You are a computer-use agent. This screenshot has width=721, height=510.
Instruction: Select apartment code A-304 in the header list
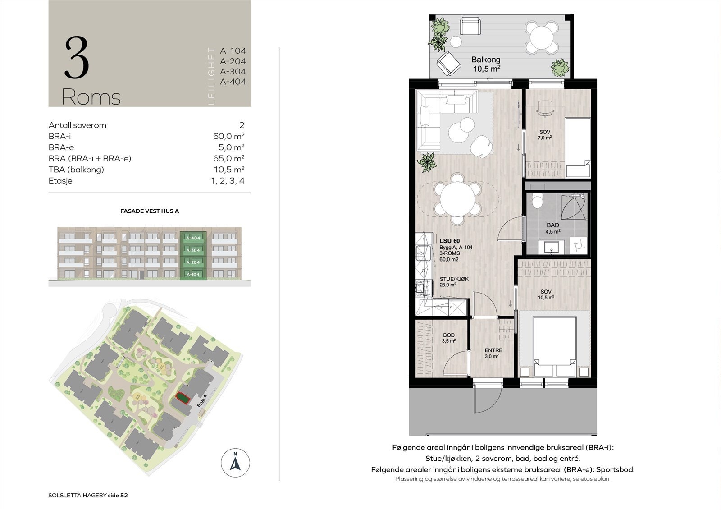coord(233,71)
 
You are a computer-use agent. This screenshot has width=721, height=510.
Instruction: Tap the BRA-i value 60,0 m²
coord(228,136)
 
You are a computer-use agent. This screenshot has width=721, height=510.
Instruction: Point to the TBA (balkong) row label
coord(76,170)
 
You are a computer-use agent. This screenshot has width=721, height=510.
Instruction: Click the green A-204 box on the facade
coord(193,262)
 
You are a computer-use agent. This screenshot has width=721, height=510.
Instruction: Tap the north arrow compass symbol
coord(235,463)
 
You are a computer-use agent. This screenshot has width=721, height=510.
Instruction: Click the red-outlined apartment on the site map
coord(183,398)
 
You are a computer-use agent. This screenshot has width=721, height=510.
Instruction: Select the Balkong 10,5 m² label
coord(486,64)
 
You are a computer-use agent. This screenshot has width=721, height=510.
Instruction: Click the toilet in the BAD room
coord(536,200)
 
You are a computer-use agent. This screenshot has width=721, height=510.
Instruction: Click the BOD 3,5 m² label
coord(449,338)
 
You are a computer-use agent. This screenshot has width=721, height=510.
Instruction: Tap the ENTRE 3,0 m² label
coord(493,353)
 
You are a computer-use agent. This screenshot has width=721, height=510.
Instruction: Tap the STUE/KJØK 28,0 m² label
coord(454,282)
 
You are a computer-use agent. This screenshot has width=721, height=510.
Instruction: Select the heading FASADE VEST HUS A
coord(149,211)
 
